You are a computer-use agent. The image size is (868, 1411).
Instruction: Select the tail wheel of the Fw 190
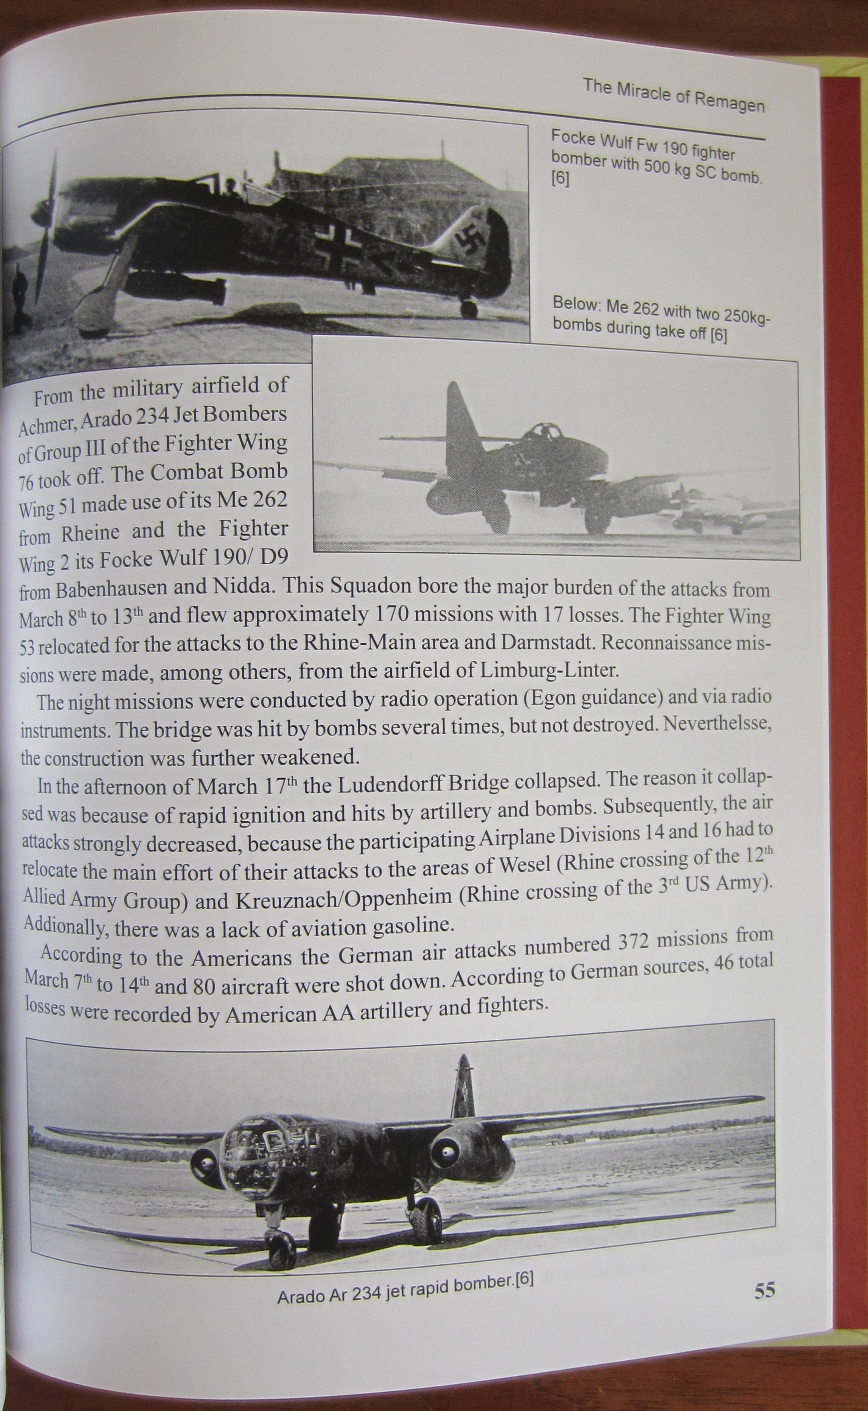[469, 309]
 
